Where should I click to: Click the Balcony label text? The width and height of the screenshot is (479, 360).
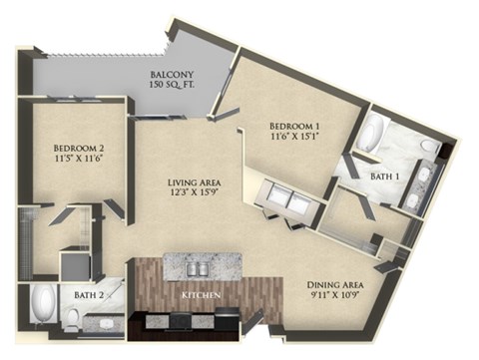171,74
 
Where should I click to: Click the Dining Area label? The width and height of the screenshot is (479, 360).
333,284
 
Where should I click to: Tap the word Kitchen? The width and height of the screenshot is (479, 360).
202,297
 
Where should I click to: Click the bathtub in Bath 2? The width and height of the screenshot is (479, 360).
44,305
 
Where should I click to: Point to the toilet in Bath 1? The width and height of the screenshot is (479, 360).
427,147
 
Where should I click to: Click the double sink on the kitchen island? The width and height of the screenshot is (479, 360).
199,265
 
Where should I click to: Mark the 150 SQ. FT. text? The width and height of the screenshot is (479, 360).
171,87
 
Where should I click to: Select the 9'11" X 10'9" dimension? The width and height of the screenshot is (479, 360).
333,297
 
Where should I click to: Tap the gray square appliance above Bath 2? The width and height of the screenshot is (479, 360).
74,266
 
